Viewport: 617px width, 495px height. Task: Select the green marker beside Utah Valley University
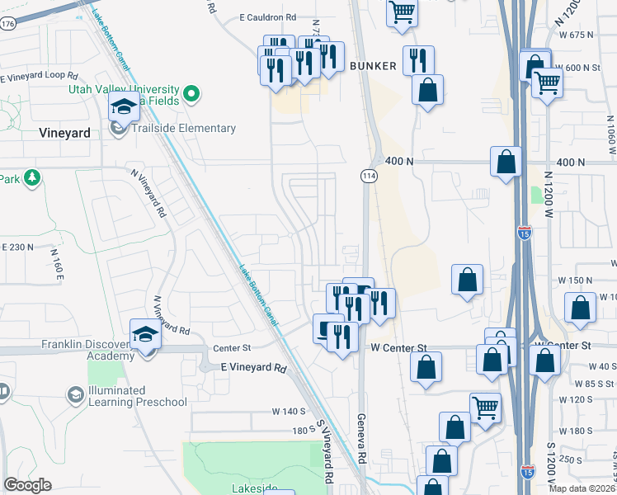pyautogui.click(x=191, y=94)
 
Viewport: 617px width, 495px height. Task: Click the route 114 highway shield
pyautogui.click(x=368, y=176)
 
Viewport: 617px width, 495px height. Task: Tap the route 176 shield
pyautogui.click(x=7, y=24)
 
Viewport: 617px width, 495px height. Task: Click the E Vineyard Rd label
pyautogui.click(x=253, y=368)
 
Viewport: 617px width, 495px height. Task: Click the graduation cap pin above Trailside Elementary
pyautogui.click(x=123, y=108)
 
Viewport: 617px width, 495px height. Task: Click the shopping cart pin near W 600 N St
pyautogui.click(x=547, y=82)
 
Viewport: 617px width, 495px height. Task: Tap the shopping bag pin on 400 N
pyautogui.click(x=506, y=162)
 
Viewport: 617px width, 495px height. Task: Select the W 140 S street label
pyautogui.click(x=289, y=411)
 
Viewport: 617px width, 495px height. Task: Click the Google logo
pyautogui.click(x=27, y=485)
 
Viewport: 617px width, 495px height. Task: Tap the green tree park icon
pyautogui.click(x=32, y=177)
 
